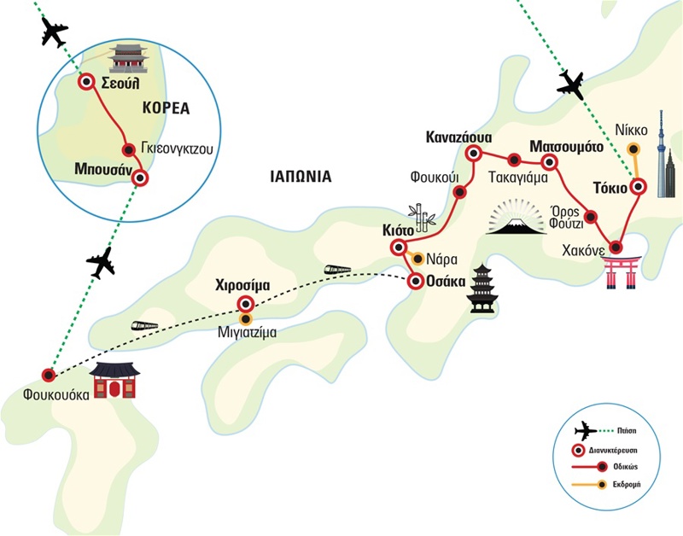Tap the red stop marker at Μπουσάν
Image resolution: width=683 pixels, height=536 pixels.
pos(140,179)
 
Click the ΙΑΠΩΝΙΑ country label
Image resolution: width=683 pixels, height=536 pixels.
pos(298,178)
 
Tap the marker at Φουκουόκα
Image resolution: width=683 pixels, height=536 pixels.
pos(50,375)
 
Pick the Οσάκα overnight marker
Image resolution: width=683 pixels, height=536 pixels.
pos(416,282)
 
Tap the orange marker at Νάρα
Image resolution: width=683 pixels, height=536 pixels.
pos(417,259)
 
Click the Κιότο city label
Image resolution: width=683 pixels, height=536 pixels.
pos(399,230)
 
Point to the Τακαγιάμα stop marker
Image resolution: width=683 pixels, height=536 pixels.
pos(514,160)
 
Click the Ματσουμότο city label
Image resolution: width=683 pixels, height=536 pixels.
pos(566,146)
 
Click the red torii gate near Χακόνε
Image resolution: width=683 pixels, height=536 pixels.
pos(622,269)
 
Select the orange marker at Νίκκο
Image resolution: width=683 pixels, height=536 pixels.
pos(633,149)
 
